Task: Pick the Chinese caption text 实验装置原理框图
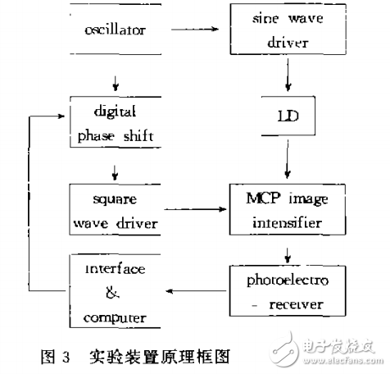165,356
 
